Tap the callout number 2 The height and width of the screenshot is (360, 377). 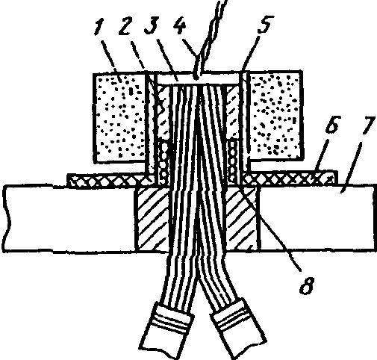point(125,25)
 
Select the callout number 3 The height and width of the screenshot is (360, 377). point(151,25)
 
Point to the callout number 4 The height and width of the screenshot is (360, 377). point(179,25)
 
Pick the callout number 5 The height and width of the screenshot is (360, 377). point(265,24)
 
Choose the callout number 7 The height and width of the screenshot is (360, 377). point(368,125)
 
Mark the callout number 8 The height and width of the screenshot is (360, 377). point(307,285)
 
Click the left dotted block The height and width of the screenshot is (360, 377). point(119,118)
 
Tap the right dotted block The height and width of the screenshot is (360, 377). point(275,116)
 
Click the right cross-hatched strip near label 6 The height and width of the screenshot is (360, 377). point(290,178)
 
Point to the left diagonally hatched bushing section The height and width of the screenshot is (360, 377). point(152,219)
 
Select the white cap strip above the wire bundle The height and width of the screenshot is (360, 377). point(198,79)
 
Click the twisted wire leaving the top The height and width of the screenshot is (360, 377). point(210,37)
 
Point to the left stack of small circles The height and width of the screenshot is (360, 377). point(164,162)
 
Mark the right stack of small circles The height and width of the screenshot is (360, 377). point(232,160)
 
